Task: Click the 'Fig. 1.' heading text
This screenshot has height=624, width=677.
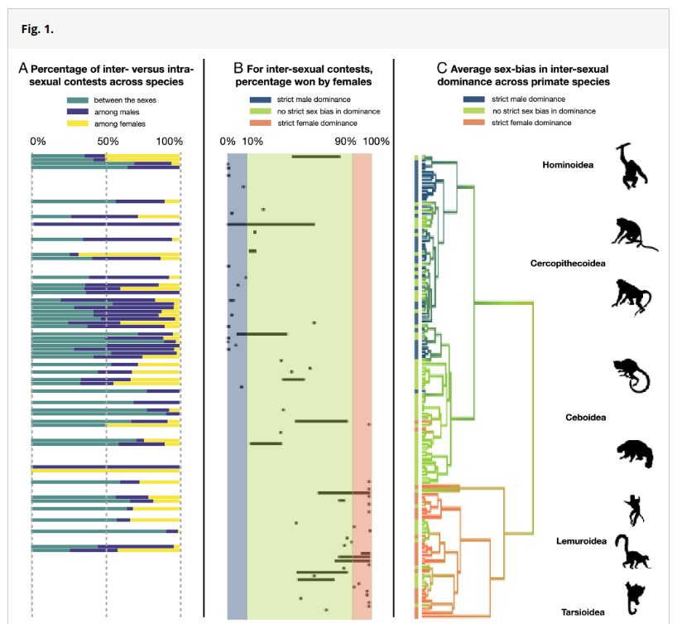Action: pyautogui.click(x=37, y=29)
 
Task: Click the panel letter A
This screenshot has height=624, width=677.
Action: pyautogui.click(x=23, y=68)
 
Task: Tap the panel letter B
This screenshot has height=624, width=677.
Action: pyautogui.click(x=238, y=68)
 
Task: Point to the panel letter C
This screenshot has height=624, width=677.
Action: pyautogui.click(x=442, y=68)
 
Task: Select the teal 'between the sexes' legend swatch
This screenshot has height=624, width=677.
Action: pyautogui.click(x=78, y=100)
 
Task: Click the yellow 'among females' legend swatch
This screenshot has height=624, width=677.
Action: pyautogui.click(x=78, y=123)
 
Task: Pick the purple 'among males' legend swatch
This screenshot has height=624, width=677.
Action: pyautogui.click(x=78, y=112)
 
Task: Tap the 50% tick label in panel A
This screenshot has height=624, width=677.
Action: pyautogui.click(x=108, y=142)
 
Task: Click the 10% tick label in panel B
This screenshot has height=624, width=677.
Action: pyautogui.click(x=252, y=142)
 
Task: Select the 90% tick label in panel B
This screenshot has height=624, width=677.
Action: pyautogui.click(x=345, y=142)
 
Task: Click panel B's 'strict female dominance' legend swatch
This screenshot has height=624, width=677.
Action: pyautogui.click(x=261, y=123)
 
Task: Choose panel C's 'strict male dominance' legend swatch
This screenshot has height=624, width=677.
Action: pyautogui.click(x=473, y=99)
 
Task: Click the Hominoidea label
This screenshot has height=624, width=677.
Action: pyautogui.click(x=568, y=165)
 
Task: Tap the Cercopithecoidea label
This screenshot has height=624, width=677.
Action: pyautogui.click(x=568, y=264)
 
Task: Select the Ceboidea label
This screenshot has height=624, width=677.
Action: pyautogui.click(x=585, y=418)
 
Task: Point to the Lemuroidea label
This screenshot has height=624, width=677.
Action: pyautogui.click(x=581, y=541)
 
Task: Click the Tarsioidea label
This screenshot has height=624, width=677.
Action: pyautogui.click(x=583, y=612)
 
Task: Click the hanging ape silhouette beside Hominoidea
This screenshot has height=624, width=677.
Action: pyautogui.click(x=631, y=167)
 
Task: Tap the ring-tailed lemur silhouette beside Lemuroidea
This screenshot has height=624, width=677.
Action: pyautogui.click(x=632, y=551)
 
